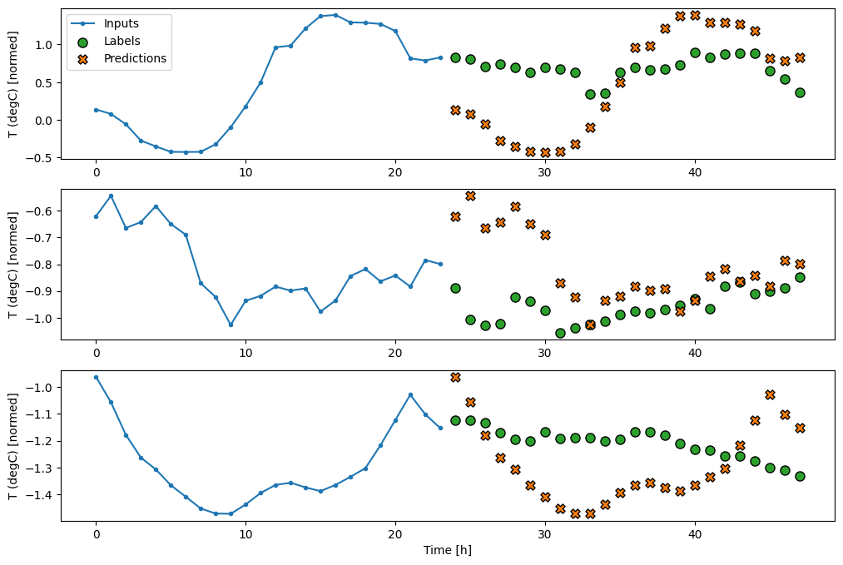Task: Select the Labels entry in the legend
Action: [122, 40]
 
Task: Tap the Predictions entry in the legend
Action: [135, 58]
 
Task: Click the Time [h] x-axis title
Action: [448, 550]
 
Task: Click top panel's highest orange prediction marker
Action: [695, 15]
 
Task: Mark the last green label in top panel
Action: [800, 92]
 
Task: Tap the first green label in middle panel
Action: [455, 288]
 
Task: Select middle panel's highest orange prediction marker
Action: [470, 196]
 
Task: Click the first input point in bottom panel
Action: [96, 377]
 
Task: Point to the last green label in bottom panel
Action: [800, 476]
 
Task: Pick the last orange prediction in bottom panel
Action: [800, 428]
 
